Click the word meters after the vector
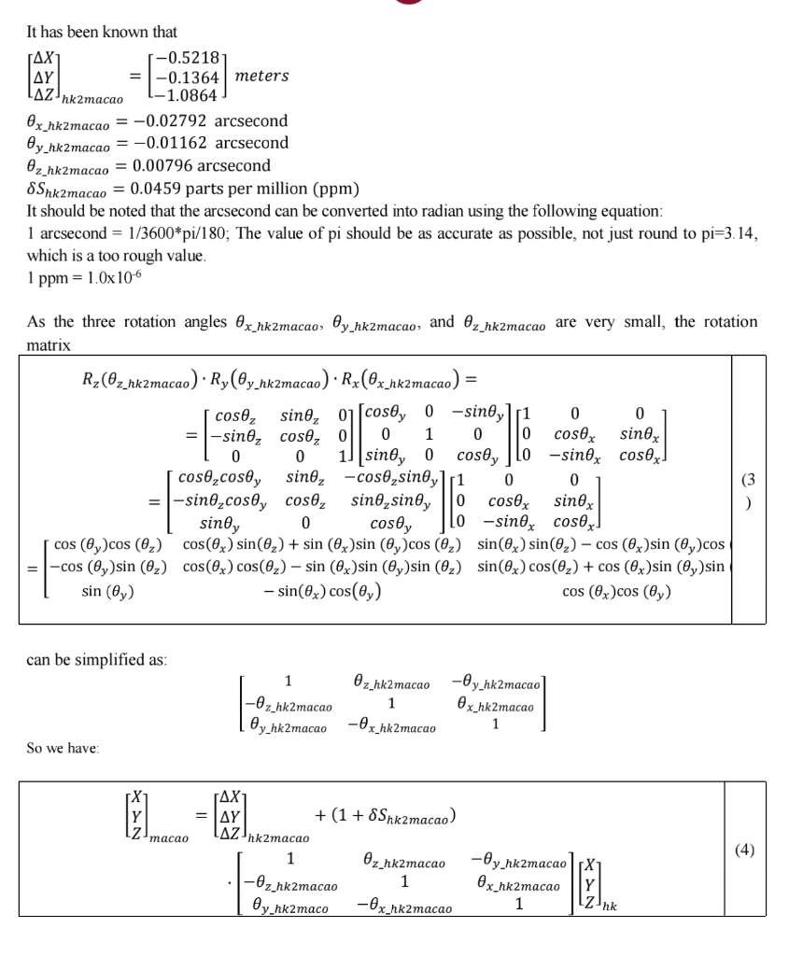262,76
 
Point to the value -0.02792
173,121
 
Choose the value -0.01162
173,143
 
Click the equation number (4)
744,850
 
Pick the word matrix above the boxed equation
49,344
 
